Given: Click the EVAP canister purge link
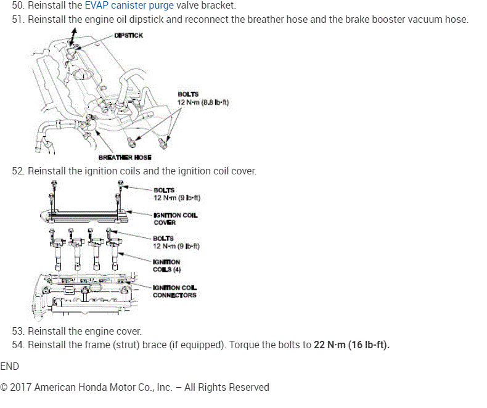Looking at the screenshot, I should [x=129, y=6].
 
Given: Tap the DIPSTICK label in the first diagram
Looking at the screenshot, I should [x=128, y=35].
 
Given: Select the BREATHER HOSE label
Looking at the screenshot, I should [x=125, y=157].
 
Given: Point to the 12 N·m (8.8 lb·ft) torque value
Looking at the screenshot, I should [x=203, y=102].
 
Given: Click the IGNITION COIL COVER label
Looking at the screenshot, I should [x=176, y=218].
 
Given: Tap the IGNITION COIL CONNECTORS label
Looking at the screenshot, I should [x=175, y=291].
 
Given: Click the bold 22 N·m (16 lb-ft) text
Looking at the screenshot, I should [x=351, y=345].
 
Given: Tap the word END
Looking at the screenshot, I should [x=10, y=366].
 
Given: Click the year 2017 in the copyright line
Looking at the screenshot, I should [x=22, y=387].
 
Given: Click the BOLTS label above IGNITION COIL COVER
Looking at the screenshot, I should [x=164, y=190].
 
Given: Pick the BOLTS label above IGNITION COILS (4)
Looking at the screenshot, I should [x=164, y=238].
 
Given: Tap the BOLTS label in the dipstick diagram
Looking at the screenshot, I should [x=188, y=94].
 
